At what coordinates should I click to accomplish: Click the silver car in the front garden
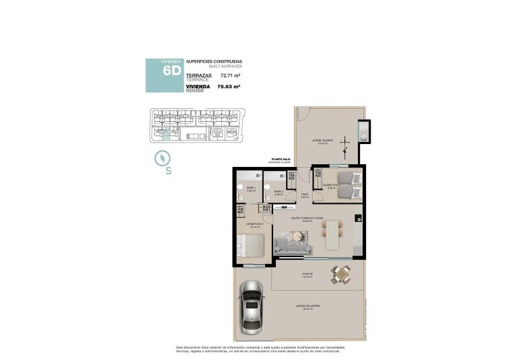(251, 305)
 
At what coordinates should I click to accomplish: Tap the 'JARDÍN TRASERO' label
(322, 141)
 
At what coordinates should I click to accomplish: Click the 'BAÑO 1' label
(251, 188)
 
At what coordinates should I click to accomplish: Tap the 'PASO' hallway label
(304, 196)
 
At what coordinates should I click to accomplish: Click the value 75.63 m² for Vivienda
(229, 87)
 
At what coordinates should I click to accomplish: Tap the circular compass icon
(162, 158)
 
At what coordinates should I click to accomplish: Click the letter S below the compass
(168, 171)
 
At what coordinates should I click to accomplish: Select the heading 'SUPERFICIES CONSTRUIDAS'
(213, 62)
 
